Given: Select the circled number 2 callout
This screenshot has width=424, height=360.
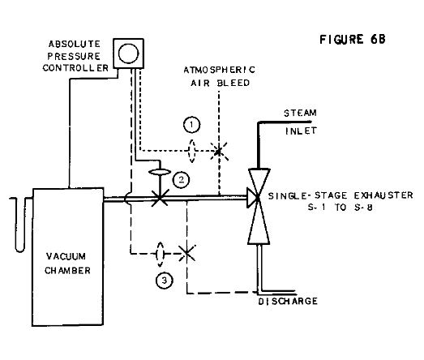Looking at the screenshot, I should [x=182, y=180].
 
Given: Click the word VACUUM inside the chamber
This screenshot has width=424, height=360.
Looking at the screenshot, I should [x=66, y=248].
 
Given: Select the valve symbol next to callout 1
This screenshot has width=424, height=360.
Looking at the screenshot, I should [x=217, y=150].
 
